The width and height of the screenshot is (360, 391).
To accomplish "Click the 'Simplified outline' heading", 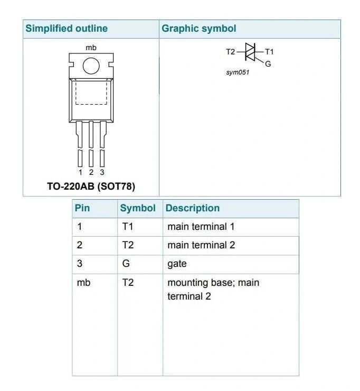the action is click(x=67, y=29).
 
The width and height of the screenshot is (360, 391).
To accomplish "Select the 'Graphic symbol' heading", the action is click(x=199, y=29).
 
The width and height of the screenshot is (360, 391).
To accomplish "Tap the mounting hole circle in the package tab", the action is click(x=91, y=66).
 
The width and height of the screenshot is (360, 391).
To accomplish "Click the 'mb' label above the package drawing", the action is click(x=91, y=48).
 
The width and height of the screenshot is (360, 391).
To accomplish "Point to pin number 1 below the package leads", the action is click(x=80, y=172).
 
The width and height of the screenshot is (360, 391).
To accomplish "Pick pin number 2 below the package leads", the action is click(x=91, y=172).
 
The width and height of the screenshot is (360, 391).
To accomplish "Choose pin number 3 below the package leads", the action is click(x=102, y=172).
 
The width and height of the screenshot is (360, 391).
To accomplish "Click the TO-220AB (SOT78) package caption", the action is click(x=91, y=187).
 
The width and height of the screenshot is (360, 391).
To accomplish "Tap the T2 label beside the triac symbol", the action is click(x=231, y=52).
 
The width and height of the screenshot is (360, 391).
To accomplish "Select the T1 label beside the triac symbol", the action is click(x=269, y=52).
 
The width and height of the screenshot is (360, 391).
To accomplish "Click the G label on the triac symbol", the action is click(x=268, y=64).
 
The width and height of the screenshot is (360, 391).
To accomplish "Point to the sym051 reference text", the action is click(x=238, y=72).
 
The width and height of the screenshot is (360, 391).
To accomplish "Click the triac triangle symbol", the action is click(x=250, y=52).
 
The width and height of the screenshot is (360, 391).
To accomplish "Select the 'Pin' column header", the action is click(x=82, y=208).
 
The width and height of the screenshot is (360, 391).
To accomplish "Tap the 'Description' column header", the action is click(x=193, y=208).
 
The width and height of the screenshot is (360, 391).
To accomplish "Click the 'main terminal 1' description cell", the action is click(x=201, y=227).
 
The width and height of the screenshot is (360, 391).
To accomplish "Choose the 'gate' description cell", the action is click(x=177, y=264).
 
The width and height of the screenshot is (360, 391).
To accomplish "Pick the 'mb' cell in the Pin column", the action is click(x=83, y=283).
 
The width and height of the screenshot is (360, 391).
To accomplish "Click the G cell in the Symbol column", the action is click(x=126, y=263).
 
